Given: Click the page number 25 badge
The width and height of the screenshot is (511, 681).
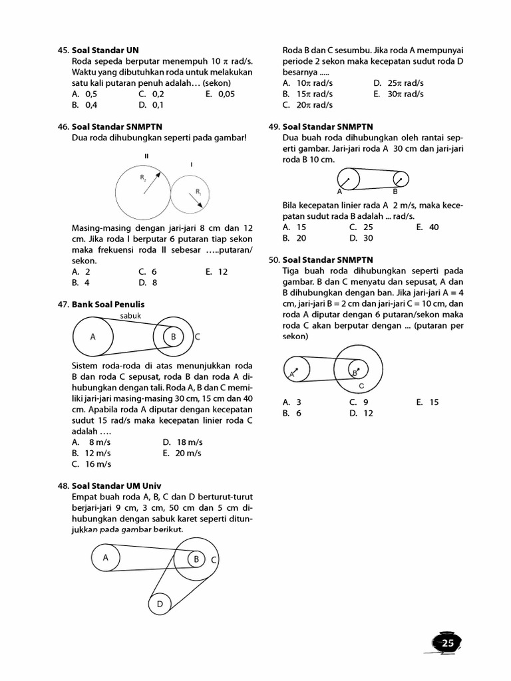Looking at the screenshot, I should click(446, 642).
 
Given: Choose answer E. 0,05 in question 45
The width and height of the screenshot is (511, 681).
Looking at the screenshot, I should click(220, 94).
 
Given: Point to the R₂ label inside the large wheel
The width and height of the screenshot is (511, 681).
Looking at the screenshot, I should click(143, 178).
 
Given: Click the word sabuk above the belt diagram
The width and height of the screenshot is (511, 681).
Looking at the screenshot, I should click(130, 315).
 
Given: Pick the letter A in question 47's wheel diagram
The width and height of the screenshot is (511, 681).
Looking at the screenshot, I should click(93, 337).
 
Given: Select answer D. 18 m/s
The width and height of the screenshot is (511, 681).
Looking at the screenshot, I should click(182, 442).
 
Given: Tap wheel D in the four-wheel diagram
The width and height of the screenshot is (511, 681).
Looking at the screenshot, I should click(160, 604).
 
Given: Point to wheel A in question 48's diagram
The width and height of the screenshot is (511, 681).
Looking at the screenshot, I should click(105, 558).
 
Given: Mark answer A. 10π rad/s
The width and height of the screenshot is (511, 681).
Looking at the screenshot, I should click(306, 83).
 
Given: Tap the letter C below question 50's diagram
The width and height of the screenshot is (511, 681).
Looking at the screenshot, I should click(361, 386).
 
